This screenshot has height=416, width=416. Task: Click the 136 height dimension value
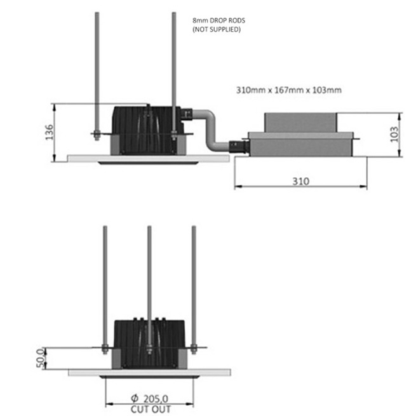pyautogui.click(x=49, y=132)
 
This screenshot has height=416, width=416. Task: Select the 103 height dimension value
pyautogui.click(x=394, y=134)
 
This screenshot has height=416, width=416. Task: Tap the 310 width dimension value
pyautogui.click(x=301, y=182)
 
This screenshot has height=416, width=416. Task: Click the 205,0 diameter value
pyautogui.click(x=156, y=399)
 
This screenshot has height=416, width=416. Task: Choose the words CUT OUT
pyautogui.click(x=151, y=409)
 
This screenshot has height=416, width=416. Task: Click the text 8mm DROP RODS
pyautogui.click(x=219, y=20)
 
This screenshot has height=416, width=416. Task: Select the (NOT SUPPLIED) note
pyautogui.click(x=217, y=29)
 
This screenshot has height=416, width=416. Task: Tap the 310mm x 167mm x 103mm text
pyautogui.click(x=289, y=90)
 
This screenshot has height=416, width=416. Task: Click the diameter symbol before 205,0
pyautogui.click(x=135, y=398)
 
